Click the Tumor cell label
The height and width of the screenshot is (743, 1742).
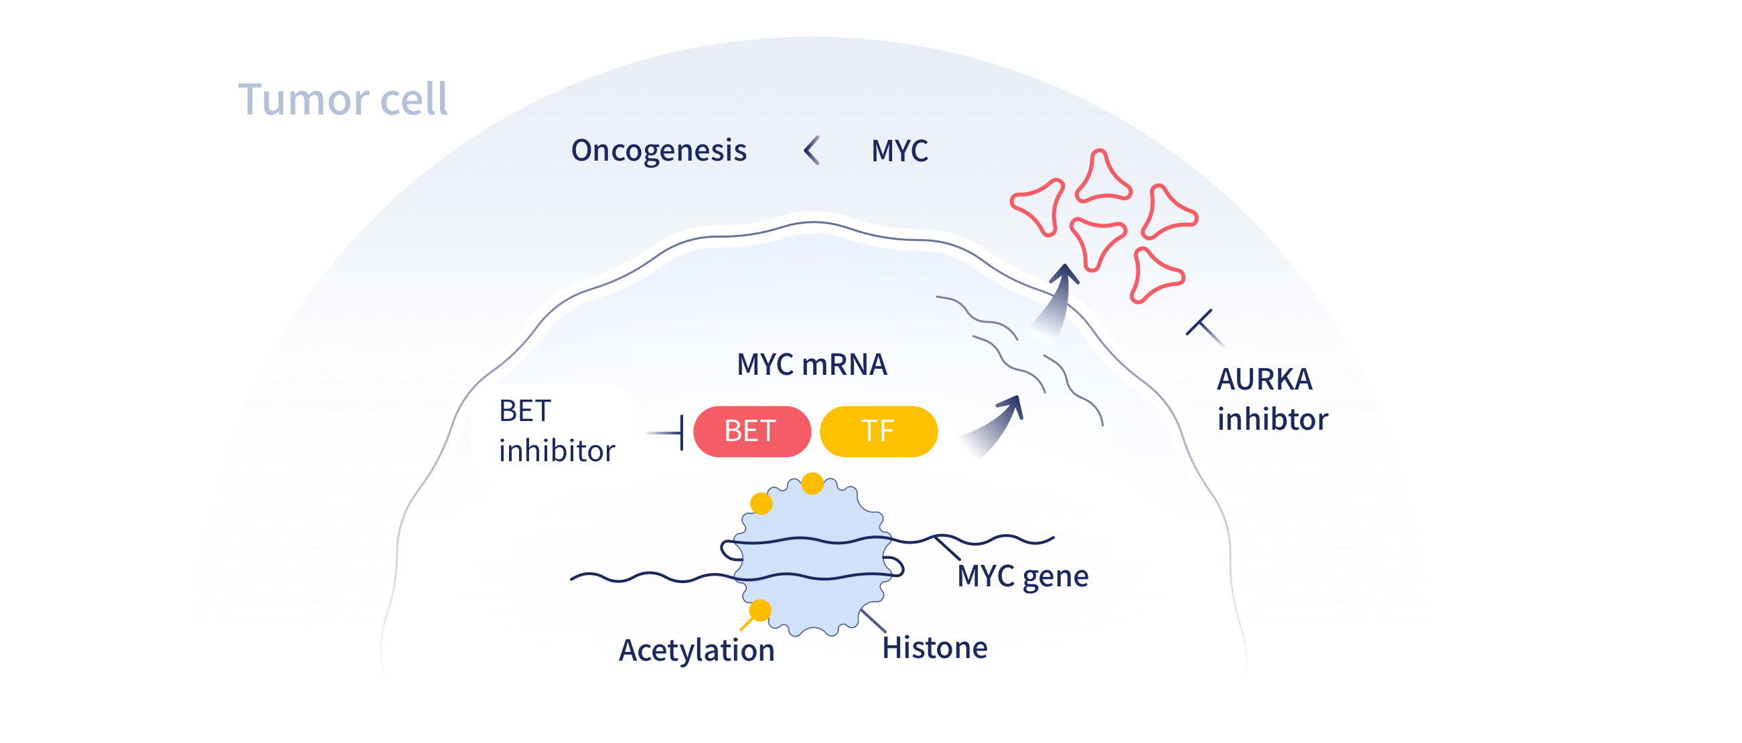pyautogui.click(x=342, y=99)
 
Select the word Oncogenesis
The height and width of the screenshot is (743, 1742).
pyautogui.click(x=658, y=151)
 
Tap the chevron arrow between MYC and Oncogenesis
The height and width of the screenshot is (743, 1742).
pyautogui.click(x=812, y=150)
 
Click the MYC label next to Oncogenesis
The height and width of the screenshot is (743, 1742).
pyautogui.click(x=899, y=151)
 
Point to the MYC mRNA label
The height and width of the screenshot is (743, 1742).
pyautogui.click(x=811, y=364)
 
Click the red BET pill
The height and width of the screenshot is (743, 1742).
pyautogui.click(x=751, y=431)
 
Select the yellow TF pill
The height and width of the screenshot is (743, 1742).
pyautogui.click(x=878, y=431)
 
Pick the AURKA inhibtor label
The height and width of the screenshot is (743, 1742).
pyautogui.click(x=1271, y=400)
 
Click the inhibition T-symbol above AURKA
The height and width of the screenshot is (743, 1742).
pyautogui.click(x=1204, y=328)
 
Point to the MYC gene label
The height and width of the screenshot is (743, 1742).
pyautogui.click(x=1023, y=576)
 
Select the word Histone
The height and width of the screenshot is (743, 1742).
pyautogui.click(x=934, y=648)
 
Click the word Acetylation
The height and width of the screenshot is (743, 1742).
pyautogui.click(x=696, y=651)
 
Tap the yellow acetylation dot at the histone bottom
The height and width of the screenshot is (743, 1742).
pyautogui.click(x=759, y=610)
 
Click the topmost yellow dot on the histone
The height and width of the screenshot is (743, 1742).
pyautogui.click(x=812, y=483)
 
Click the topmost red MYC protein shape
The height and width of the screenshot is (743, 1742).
pyautogui.click(x=1102, y=177)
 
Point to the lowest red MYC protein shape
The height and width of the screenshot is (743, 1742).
pyautogui.click(x=1155, y=274)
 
